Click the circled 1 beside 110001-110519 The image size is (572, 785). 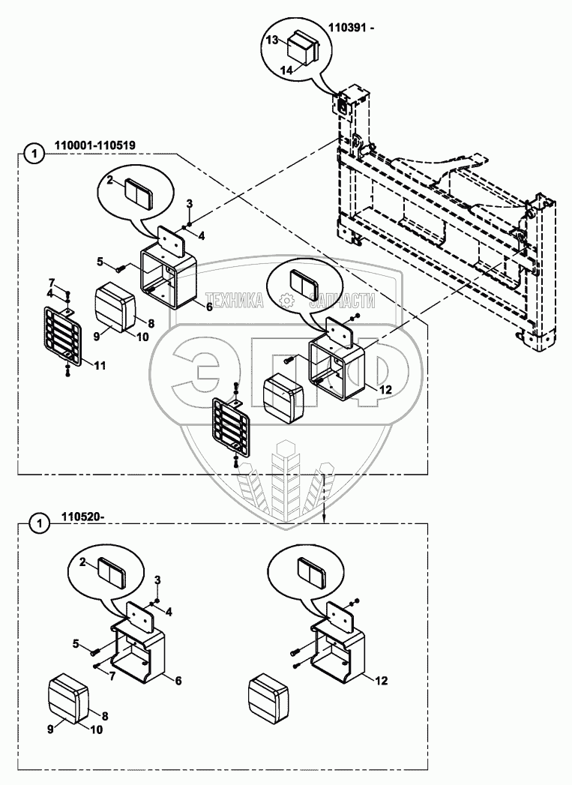pyautogui.click(x=31, y=154)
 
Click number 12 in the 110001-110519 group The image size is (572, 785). pyautogui.click(x=385, y=389)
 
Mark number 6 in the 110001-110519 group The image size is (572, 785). pyautogui.click(x=208, y=307)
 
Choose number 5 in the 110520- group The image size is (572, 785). pyautogui.click(x=76, y=643)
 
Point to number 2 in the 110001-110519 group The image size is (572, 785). pyautogui.click(x=109, y=180)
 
